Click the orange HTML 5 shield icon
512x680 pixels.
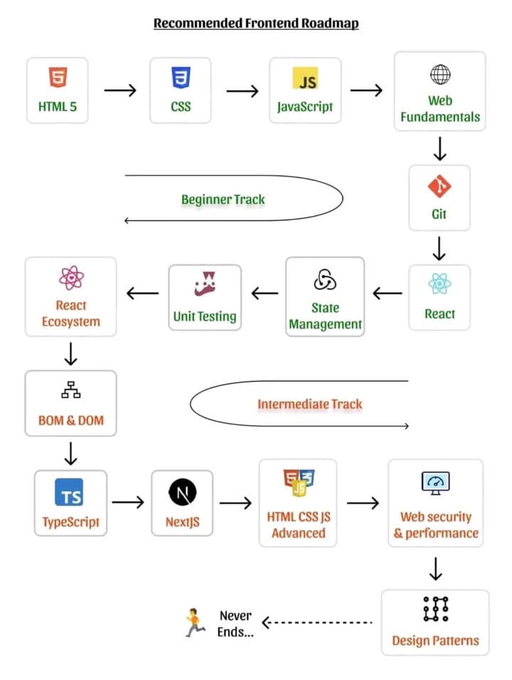(58, 76)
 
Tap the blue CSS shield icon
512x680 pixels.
(181, 76)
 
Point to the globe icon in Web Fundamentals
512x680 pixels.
(440, 74)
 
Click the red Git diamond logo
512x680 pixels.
(439, 187)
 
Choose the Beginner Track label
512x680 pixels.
(223, 199)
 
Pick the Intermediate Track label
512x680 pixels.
(309, 404)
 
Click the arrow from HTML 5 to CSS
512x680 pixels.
(119, 90)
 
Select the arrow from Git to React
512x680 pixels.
(439, 248)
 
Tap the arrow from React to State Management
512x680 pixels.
(388, 293)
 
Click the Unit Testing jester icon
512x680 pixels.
(206, 284)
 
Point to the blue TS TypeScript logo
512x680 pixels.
(70, 492)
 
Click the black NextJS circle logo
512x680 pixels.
(182, 492)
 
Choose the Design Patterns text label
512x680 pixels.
(435, 640)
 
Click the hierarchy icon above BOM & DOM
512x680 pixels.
(70, 390)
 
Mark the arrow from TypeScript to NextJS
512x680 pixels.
(128, 502)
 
